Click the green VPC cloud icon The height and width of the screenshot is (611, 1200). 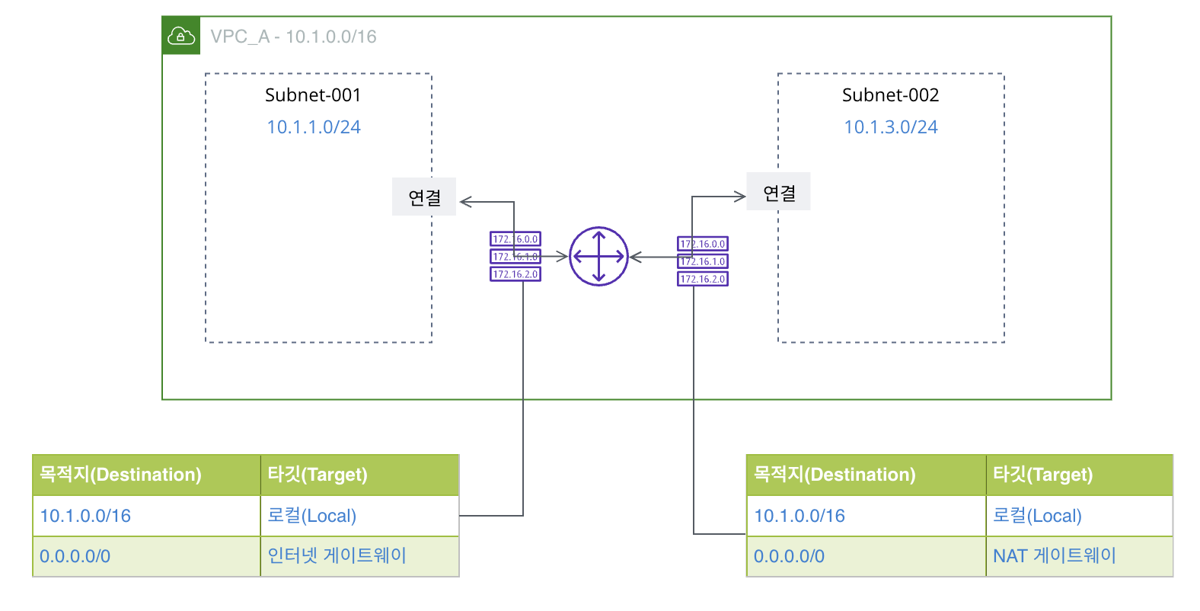point(181,36)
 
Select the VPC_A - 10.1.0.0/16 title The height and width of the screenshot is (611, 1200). point(293,37)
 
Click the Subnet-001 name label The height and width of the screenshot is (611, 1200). point(313,95)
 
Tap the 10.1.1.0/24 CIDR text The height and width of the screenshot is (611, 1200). point(314,127)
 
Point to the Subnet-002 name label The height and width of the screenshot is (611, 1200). point(890,95)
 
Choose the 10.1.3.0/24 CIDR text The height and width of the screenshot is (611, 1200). point(891,127)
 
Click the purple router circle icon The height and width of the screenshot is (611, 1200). point(598,257)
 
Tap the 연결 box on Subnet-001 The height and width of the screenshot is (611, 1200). point(424,197)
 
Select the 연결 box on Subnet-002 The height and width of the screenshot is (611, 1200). point(779,193)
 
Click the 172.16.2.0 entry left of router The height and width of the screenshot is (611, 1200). point(515,274)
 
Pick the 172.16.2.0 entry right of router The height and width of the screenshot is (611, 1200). point(703,279)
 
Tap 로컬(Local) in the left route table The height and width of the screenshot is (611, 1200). point(312,516)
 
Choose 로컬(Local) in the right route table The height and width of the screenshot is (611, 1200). point(1037,516)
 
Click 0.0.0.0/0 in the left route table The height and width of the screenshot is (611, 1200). point(75,556)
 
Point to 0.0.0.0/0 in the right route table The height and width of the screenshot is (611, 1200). point(789,556)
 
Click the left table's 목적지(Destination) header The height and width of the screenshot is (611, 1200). point(121,475)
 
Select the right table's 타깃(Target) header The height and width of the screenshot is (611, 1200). point(1042,475)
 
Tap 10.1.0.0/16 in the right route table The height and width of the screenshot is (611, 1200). point(799,516)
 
